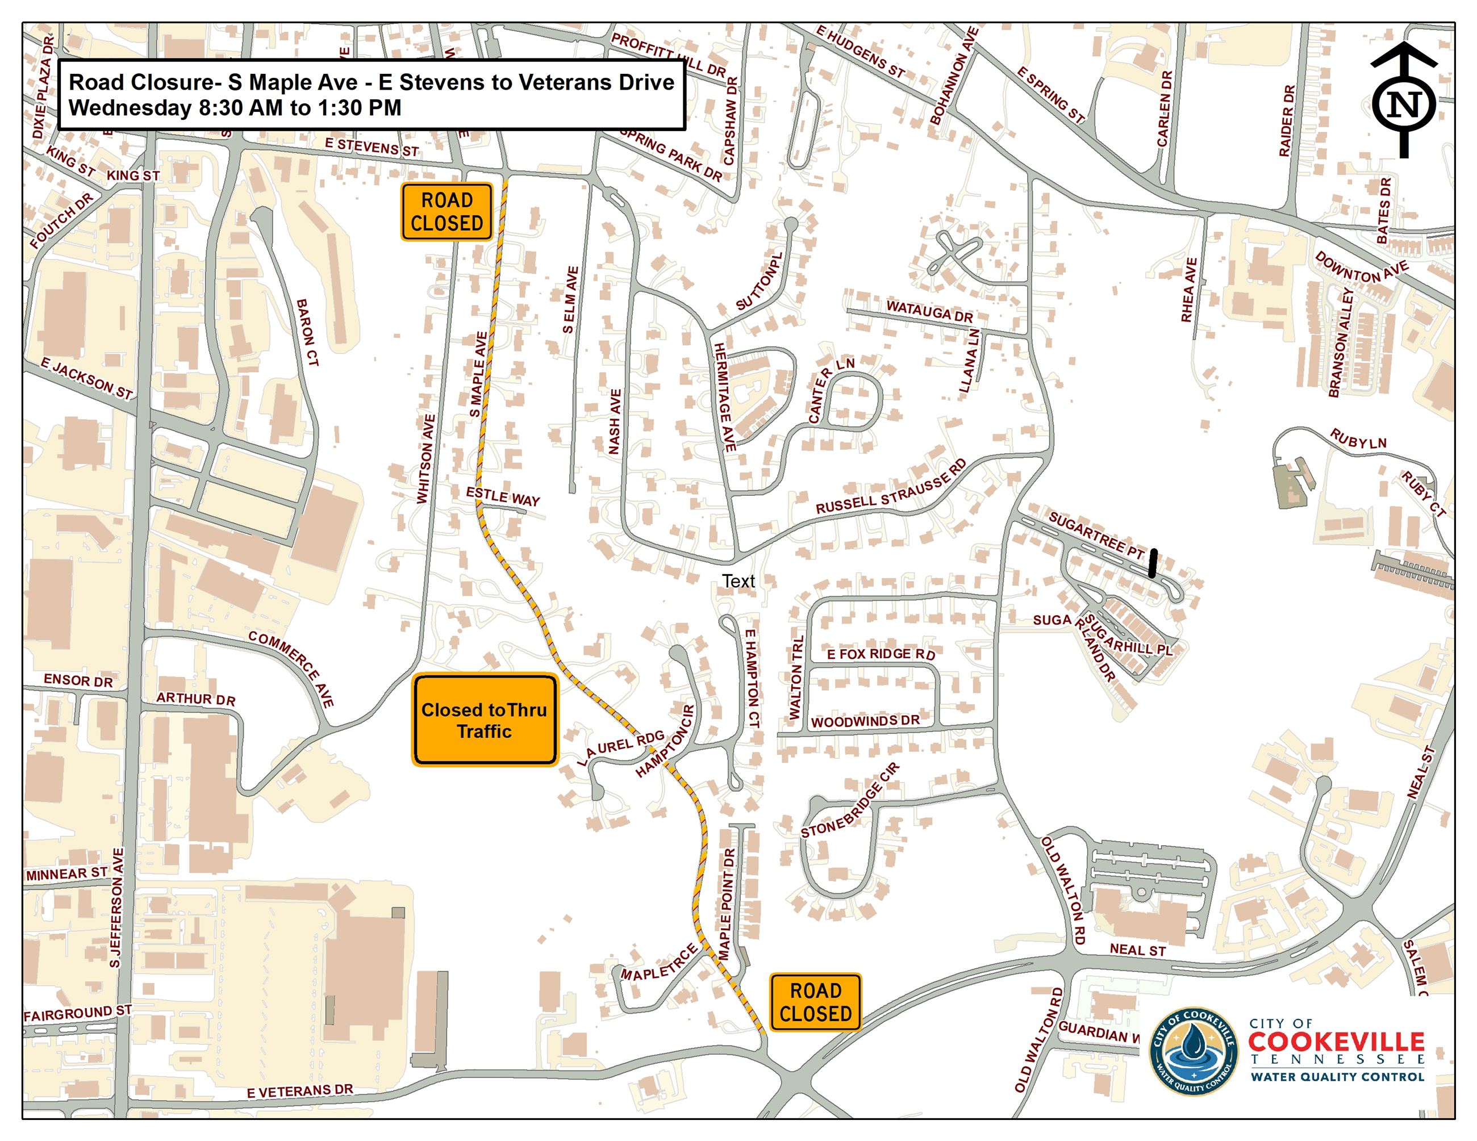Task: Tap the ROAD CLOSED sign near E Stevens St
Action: tap(447, 212)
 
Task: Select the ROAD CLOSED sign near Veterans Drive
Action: tap(815, 1002)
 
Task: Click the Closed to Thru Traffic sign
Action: tap(484, 720)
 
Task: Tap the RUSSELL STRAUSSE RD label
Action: tap(891, 487)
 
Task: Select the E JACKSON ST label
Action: tap(86, 378)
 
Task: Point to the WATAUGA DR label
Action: tap(929, 312)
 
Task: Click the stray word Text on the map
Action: tap(738, 582)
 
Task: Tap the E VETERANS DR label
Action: tap(299, 1091)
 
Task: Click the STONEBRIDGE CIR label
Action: tap(850, 800)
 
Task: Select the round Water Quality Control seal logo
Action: tap(1194, 1052)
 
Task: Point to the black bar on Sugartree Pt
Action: tap(1153, 562)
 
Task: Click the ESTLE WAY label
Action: tap(503, 497)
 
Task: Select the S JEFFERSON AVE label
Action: tap(116, 907)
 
